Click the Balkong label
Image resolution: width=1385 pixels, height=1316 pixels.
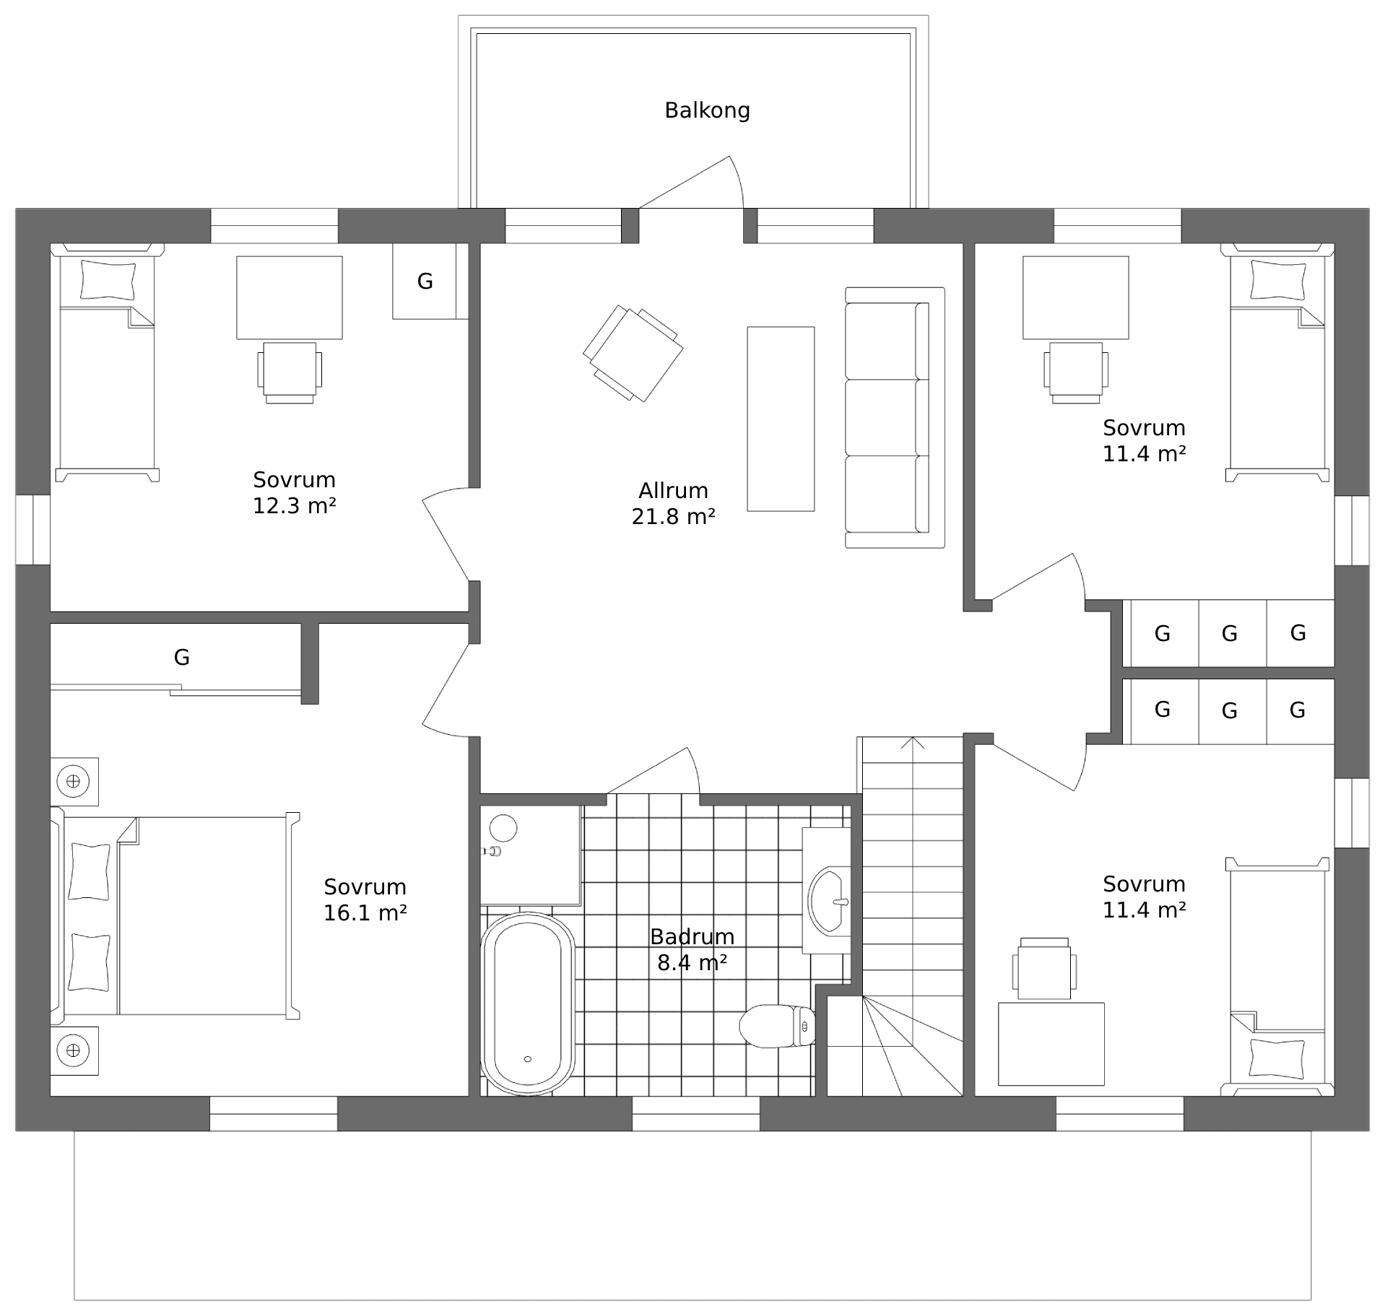[x=706, y=110]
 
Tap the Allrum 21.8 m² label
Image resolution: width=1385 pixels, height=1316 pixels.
[x=673, y=503]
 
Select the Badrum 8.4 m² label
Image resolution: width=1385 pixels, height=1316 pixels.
[x=691, y=949]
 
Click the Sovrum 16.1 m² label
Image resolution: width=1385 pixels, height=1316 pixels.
[x=365, y=899]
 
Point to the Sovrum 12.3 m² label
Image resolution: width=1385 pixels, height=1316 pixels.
[x=294, y=492]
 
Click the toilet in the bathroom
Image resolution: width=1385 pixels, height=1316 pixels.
[x=776, y=1026]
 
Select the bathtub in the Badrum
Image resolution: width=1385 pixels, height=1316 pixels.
[x=527, y=1003]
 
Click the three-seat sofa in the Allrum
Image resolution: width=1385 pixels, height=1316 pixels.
[x=894, y=417]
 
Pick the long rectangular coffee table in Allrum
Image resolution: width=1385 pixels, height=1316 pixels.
[x=781, y=419]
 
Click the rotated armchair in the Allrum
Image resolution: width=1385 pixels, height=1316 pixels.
[x=633, y=353]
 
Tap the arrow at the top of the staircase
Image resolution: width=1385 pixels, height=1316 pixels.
[x=913, y=744]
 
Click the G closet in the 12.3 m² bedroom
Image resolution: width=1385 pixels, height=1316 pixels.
[x=425, y=281]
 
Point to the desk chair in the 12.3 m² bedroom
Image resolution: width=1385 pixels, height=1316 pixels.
[x=289, y=370]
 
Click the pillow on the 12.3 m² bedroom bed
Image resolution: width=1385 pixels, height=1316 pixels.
[x=108, y=280]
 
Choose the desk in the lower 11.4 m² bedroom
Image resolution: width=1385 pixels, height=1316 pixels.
[x=1051, y=1043]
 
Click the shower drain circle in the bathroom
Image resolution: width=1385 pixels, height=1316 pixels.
[x=503, y=828]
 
